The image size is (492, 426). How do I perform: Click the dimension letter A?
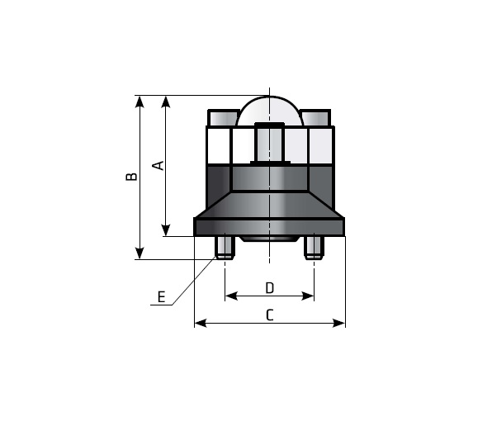click(x=158, y=165)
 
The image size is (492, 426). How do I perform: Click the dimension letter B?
click(x=131, y=177)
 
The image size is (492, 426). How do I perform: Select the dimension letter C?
click(x=270, y=315)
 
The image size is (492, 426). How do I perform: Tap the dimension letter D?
click(x=270, y=287)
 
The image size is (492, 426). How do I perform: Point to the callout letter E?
click(x=161, y=296)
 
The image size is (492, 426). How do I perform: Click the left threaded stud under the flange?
click(x=225, y=248)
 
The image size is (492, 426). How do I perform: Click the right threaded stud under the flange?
click(x=314, y=248)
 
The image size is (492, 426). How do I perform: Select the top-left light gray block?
click(x=224, y=118)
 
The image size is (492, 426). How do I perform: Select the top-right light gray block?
click(x=315, y=118)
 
